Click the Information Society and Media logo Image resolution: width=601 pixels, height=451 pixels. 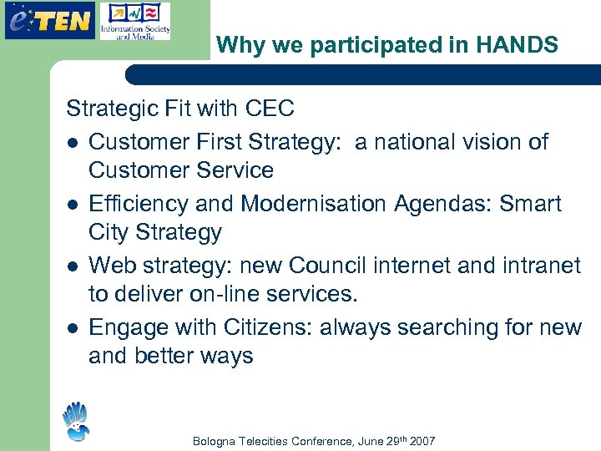134,22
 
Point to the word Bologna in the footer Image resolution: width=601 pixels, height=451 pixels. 214,441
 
